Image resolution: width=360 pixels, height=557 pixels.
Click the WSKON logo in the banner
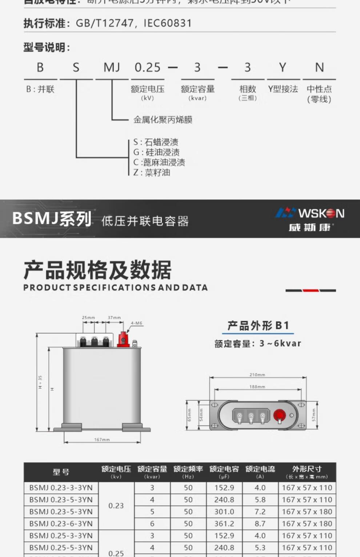click(x=310, y=219)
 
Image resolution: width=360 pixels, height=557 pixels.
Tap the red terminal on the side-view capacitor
click(x=124, y=340)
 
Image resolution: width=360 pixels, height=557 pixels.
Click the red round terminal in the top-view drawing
click(x=279, y=415)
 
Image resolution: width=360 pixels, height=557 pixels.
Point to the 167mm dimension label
click(x=102, y=440)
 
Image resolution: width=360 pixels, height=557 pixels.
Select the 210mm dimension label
click(x=257, y=375)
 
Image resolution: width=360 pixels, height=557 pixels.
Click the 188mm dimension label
click(x=257, y=387)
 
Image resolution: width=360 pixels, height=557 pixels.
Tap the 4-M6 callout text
click(x=136, y=323)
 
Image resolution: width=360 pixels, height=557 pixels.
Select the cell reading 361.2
click(x=224, y=524)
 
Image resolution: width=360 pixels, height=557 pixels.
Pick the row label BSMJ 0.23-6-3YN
click(x=61, y=524)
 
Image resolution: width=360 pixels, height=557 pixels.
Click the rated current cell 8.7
click(x=260, y=524)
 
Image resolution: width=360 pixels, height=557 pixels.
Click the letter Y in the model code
click(x=283, y=68)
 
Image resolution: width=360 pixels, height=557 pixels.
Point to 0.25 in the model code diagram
click(x=147, y=68)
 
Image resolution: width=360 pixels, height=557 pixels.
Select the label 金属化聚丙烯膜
click(x=163, y=120)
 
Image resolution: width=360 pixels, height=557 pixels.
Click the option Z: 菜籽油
click(x=152, y=173)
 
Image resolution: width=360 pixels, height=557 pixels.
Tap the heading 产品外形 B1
click(x=258, y=326)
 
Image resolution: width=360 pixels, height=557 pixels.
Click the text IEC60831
click(x=168, y=23)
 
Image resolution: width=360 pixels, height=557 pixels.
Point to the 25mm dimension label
click(x=88, y=318)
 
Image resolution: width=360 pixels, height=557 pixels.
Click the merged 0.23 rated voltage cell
click(x=116, y=505)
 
